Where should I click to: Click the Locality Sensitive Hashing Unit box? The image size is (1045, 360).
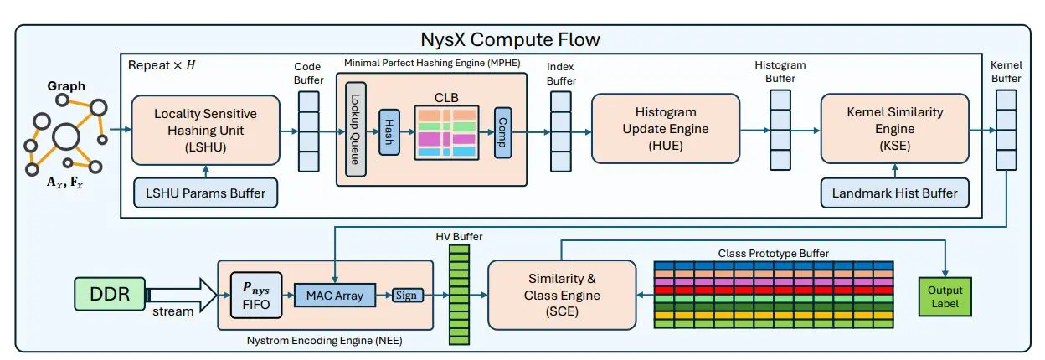(x=205, y=129)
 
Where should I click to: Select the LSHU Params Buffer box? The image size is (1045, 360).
(x=205, y=193)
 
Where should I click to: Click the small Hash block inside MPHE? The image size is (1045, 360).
(x=389, y=132)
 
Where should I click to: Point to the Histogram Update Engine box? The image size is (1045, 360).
(x=666, y=129)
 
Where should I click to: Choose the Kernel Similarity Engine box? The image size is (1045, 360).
(x=894, y=129)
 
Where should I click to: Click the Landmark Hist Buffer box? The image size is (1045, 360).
(x=894, y=193)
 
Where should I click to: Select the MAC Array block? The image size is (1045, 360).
(x=334, y=295)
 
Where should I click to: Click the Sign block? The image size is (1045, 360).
(x=408, y=295)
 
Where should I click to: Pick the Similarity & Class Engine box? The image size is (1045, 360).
(x=558, y=294)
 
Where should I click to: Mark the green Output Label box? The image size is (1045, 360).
(x=945, y=296)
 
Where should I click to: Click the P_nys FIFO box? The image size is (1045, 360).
(x=257, y=295)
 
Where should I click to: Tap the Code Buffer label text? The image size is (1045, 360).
(x=309, y=72)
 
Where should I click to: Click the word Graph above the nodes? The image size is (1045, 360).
(x=66, y=86)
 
